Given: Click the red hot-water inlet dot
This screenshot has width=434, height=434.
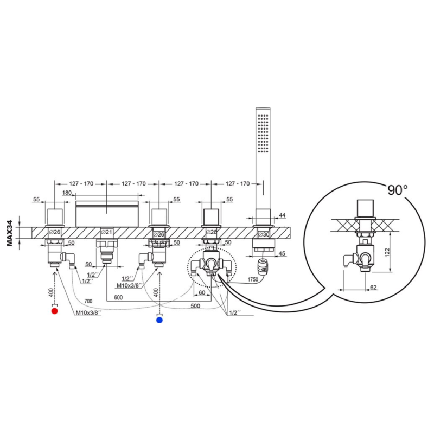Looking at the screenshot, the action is [x=55, y=311].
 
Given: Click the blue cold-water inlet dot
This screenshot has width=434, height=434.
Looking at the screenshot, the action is [x=159, y=320].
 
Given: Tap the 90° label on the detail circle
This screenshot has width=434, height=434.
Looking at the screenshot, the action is [x=397, y=190].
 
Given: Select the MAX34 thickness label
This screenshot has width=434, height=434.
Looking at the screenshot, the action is [x=10, y=233].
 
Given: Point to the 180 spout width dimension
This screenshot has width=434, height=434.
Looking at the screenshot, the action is [x=67, y=193].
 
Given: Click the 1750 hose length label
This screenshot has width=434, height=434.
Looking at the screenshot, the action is [x=253, y=279].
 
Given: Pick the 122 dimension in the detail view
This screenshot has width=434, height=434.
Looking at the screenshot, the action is [x=387, y=252].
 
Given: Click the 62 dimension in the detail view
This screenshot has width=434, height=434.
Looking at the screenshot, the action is [x=373, y=288].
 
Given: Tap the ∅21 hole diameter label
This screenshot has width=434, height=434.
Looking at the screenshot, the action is [x=106, y=232].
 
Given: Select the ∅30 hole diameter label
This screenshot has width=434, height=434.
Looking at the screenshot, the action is [x=263, y=234].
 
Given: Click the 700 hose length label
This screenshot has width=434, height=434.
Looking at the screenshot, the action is [x=88, y=301].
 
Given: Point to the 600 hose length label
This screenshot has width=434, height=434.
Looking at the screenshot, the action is [x=118, y=297].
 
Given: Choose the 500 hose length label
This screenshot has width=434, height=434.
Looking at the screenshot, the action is [x=195, y=306].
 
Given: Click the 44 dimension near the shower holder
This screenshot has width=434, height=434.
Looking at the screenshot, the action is [x=282, y=215].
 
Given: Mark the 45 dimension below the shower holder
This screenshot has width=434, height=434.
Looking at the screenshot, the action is [x=282, y=253].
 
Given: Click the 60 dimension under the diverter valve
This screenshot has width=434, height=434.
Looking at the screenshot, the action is [x=202, y=292].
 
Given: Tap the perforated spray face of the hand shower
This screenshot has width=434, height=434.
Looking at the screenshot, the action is [x=263, y=133].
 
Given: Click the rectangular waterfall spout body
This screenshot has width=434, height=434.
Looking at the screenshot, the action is [x=107, y=214].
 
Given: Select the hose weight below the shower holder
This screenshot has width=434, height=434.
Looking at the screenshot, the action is [x=263, y=266].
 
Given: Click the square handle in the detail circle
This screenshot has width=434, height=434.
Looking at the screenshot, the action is [x=365, y=208].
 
